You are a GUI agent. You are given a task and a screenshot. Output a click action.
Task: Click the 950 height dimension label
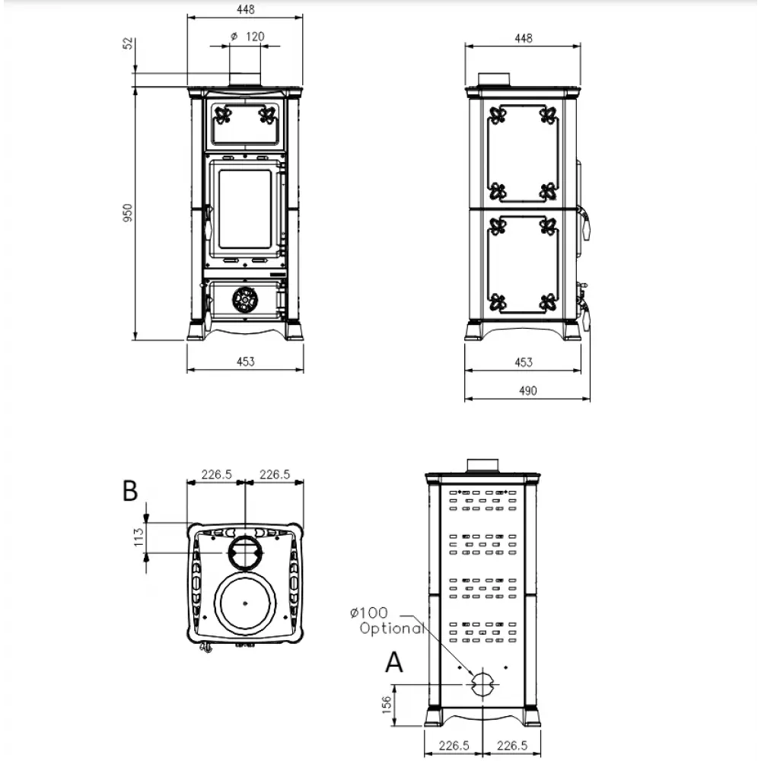129,212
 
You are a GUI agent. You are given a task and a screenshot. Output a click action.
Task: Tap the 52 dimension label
129,43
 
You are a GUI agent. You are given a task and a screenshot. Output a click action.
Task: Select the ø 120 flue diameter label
246,36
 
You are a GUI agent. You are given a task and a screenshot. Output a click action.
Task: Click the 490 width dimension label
527,390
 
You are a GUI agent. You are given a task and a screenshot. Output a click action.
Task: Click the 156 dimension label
386,705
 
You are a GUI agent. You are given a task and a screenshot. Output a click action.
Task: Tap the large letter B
130,492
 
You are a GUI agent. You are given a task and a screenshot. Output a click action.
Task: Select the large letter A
393,664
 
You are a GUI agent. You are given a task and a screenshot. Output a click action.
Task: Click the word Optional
392,629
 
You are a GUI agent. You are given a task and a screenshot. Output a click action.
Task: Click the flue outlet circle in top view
245,549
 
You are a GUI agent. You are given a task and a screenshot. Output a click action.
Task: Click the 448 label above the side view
523,38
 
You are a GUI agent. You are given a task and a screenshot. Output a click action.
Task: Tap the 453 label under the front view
245,361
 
